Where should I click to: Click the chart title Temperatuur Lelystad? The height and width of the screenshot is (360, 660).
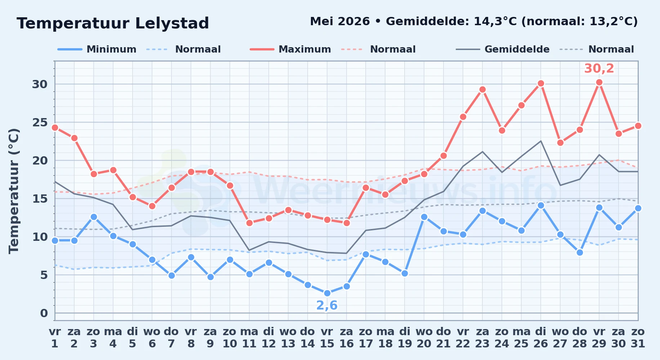[113, 23]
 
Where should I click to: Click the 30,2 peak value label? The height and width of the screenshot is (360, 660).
[599, 68]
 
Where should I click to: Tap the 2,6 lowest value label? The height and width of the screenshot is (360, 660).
[327, 305]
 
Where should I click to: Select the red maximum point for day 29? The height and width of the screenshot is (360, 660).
[599, 82]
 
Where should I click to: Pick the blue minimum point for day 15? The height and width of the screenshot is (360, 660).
[327, 293]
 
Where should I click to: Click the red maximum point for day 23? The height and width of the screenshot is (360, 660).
[482, 90]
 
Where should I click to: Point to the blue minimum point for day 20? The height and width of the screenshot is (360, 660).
[424, 217]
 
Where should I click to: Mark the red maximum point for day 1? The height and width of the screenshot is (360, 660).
[55, 127]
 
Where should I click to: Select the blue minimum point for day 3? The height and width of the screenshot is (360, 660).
[94, 217]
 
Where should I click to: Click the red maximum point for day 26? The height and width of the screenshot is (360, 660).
[541, 84]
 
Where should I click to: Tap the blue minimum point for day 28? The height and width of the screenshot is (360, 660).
[580, 252]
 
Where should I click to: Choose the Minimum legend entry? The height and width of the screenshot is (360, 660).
[97, 49]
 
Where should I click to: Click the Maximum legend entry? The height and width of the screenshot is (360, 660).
[290, 49]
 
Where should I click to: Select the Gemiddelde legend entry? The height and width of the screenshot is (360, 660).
[503, 49]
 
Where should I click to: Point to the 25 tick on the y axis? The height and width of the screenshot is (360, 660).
[40, 122]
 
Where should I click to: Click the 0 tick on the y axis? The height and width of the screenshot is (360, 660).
[44, 313]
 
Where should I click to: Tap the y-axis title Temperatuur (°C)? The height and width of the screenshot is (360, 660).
[14, 191]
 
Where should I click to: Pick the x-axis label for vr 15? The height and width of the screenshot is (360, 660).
[327, 337]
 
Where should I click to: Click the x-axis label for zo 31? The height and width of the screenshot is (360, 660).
[638, 337]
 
